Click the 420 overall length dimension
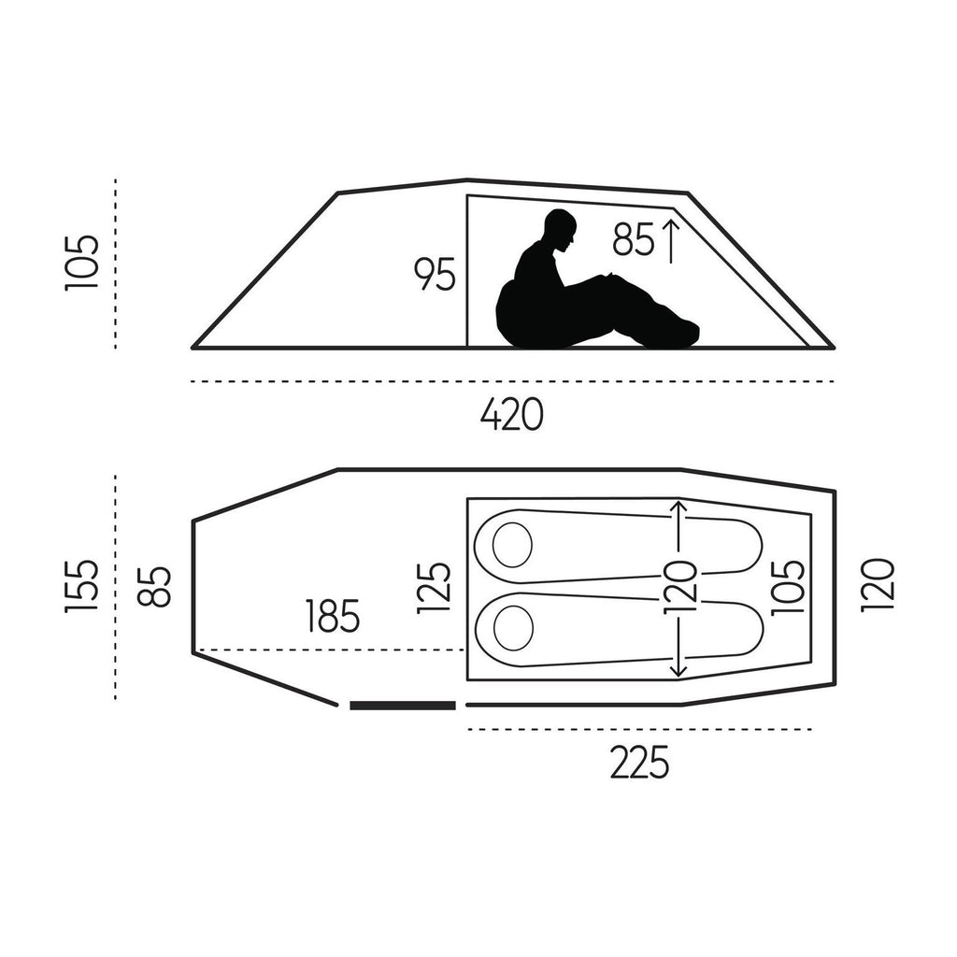(x=511, y=414)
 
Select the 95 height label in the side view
(x=435, y=274)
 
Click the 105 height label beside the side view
(x=81, y=263)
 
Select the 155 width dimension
(x=81, y=586)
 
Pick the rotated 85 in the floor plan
(x=154, y=587)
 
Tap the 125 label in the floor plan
(x=434, y=587)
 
